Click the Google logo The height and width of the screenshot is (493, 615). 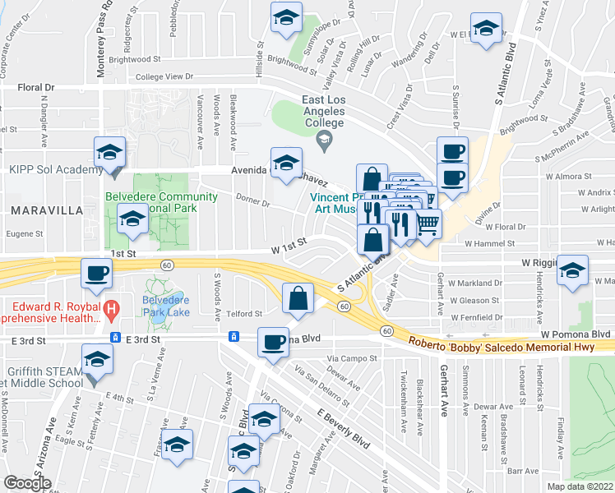coord(28,483)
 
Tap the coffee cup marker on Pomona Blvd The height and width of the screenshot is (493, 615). coord(273,342)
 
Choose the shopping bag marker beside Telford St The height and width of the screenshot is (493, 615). coord(298,298)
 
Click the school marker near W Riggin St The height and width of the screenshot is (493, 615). coord(572,270)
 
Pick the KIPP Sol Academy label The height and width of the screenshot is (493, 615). coord(52,170)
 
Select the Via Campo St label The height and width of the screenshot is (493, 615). coord(351,358)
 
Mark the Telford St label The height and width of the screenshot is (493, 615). coord(245,313)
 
